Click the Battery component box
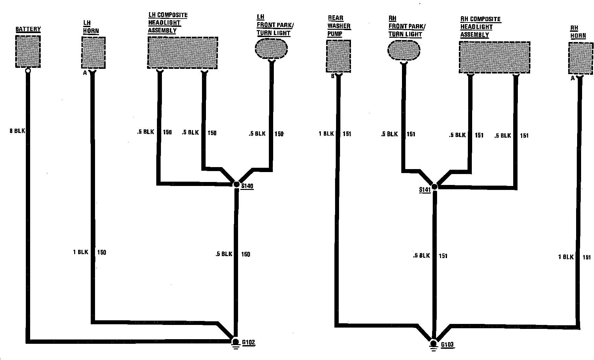pos(28,51)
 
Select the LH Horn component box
pos(93,52)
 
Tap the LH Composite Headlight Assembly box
pos(182,53)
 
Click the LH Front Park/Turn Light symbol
pos(272,49)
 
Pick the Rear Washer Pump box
pos(338,56)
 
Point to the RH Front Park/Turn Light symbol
pos(404,50)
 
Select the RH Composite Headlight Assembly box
pos(494,57)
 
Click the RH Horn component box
pos(580,58)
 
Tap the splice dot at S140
pos(236,185)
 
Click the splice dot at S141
pos(434,187)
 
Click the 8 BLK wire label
pos(18,131)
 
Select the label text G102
pos(249,342)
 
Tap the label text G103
pos(447,345)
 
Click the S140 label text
pos(247,186)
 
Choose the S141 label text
pos(424,190)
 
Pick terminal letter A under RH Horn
pos(572,78)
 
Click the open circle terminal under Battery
pos(28,70)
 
